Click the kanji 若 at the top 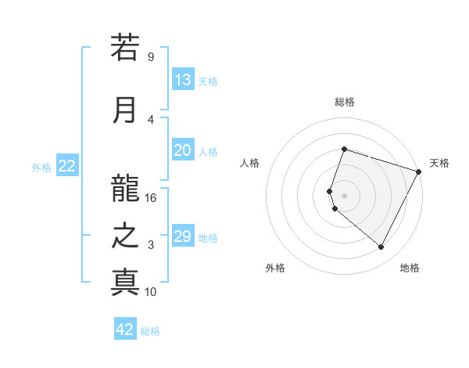[x=125, y=48]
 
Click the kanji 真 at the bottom [x=125, y=283]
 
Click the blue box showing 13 [x=183, y=80]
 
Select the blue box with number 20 [x=183, y=151]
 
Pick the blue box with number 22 [x=67, y=166]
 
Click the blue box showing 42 [x=125, y=330]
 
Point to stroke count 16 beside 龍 [x=151, y=197]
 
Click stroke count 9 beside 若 [x=151, y=56]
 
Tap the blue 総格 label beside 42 [x=150, y=331]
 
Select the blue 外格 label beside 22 [x=41, y=167]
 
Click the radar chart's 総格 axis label [x=344, y=102]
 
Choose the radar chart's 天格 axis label [x=439, y=163]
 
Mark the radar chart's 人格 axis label [x=249, y=163]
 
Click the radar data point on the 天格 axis [x=420, y=171]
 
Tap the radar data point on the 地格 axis [x=381, y=247]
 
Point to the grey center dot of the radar [x=344, y=196]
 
